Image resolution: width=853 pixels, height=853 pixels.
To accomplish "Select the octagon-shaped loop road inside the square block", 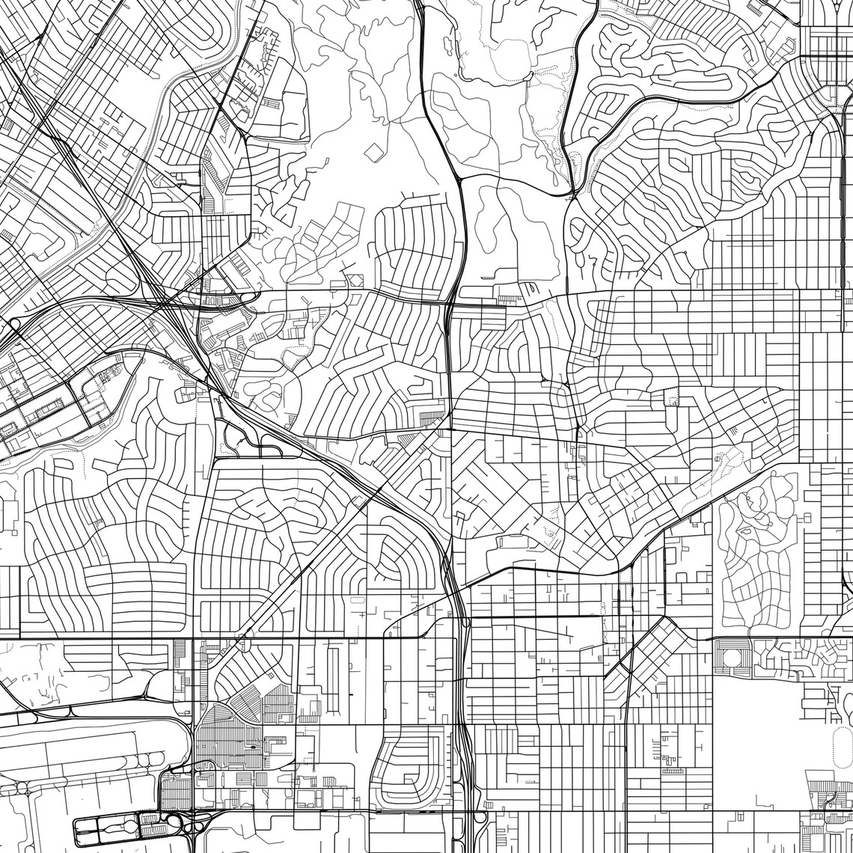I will tap(734, 658).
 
